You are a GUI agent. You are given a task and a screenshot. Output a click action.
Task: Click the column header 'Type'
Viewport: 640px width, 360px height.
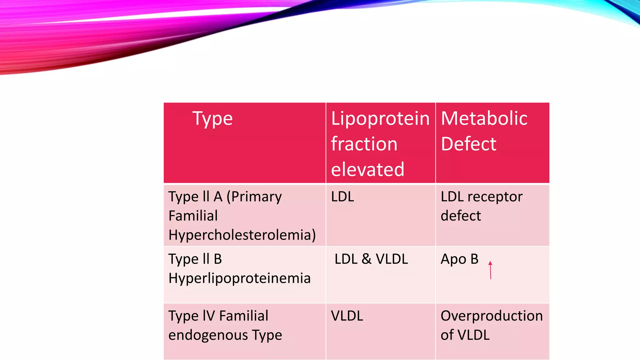[x=212, y=119]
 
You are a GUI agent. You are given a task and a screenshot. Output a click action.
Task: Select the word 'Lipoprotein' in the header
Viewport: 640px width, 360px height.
[x=380, y=119]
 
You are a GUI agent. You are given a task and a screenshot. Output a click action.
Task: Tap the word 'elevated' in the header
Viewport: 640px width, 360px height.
[x=367, y=169]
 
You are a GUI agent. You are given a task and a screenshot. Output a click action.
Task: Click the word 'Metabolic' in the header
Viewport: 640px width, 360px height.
[x=484, y=118]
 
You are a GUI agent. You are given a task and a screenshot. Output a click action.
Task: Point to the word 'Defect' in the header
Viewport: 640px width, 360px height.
[x=468, y=144]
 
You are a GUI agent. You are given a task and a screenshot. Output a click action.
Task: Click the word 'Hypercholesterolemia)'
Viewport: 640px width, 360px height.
[x=242, y=235]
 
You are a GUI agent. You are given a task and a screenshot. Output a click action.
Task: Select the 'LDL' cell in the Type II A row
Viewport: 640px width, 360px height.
[x=342, y=197]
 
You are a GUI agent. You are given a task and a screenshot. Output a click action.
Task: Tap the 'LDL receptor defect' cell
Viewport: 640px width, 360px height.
[x=481, y=206]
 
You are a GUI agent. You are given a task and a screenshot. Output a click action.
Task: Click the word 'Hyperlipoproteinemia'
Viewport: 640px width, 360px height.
[x=239, y=278]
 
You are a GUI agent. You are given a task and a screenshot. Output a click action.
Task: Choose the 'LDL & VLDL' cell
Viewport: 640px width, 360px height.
[x=371, y=259]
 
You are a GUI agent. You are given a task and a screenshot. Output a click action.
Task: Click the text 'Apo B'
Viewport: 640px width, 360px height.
[x=459, y=259]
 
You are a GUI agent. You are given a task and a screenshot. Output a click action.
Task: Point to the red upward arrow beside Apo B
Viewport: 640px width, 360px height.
[x=490, y=270]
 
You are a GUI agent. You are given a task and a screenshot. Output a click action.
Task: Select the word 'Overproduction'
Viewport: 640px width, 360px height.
[x=492, y=316]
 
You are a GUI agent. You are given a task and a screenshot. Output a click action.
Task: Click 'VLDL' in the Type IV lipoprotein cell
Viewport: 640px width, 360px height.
[x=347, y=316]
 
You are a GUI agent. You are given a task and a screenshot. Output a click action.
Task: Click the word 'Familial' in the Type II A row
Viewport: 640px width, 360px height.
[x=193, y=216]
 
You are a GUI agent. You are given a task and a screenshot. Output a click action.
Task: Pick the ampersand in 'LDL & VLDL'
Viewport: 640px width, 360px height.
[x=367, y=259]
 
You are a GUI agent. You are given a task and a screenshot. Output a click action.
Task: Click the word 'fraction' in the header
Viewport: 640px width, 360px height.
[x=364, y=144]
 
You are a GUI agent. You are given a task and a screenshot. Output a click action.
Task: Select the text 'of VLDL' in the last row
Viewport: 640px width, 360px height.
[x=465, y=335]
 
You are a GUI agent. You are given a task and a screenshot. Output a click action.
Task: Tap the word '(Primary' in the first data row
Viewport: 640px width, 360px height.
[x=254, y=197]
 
